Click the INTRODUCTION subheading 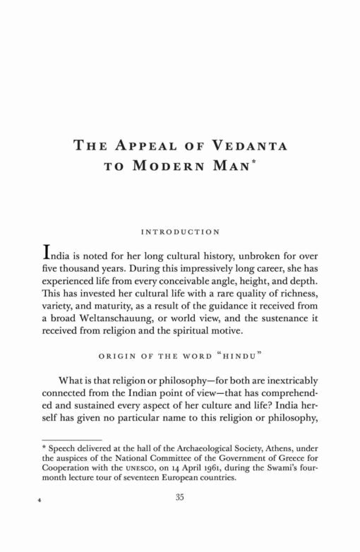pos(180,232)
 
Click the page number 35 pos(180,497)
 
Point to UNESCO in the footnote pos(138,467)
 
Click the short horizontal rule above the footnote pos(67,439)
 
